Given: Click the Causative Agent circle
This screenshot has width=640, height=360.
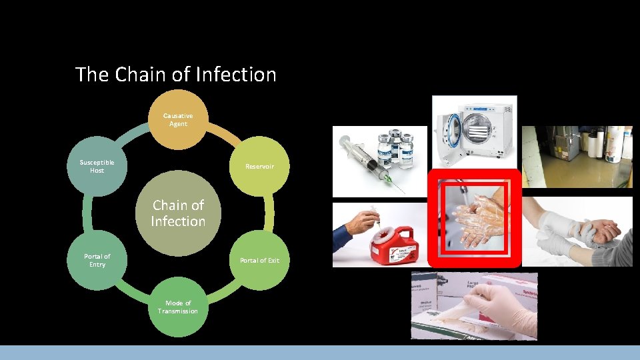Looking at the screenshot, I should (177, 120).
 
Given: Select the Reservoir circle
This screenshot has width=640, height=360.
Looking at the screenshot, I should (259, 167).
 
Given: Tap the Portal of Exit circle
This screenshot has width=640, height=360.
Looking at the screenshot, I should (259, 261).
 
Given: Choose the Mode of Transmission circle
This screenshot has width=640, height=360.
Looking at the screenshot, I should (177, 307).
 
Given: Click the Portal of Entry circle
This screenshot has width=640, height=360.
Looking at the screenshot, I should (97, 261).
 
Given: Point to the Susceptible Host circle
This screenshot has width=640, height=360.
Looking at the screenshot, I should (97, 167).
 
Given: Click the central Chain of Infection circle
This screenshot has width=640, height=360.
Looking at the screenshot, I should (177, 213).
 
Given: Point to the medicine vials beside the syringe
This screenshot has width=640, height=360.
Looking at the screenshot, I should (396, 150).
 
